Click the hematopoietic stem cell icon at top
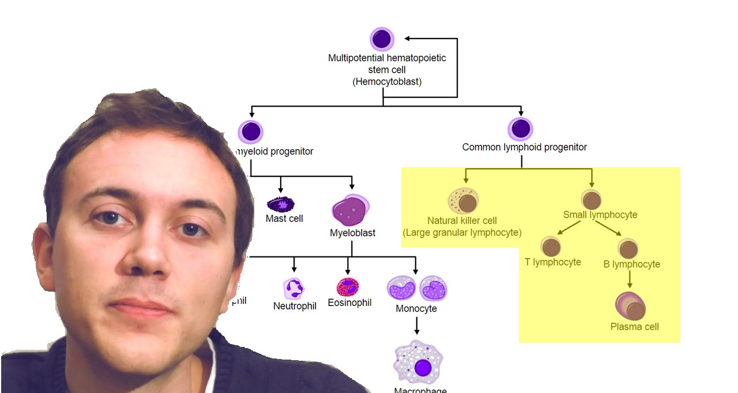(382, 39)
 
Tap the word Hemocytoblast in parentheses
(387, 82)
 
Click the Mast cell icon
(281, 204)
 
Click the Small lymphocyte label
(600, 215)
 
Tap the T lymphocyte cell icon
(552, 247)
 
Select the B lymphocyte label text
(631, 264)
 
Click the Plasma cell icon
(631, 307)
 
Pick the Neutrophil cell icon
(294, 288)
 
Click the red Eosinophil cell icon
(348, 286)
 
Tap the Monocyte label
(416, 309)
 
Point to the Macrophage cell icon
(418, 362)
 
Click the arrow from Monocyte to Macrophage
(416, 326)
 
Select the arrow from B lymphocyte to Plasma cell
(630, 279)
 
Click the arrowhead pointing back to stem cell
(408, 39)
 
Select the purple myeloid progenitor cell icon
(251, 132)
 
